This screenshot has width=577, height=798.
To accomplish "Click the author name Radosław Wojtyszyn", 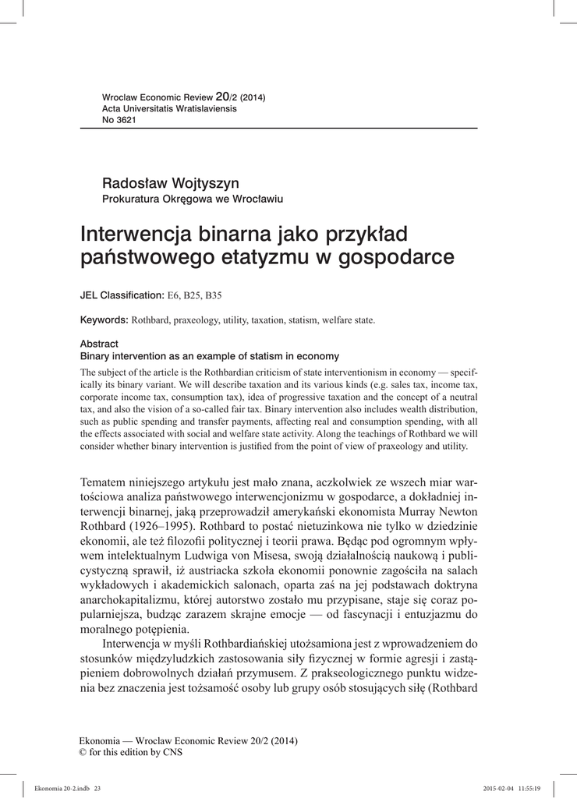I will coord(160,183).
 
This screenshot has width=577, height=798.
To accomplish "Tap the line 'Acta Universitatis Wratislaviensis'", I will coord(169,108).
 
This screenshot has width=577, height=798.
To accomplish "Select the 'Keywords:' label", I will coord(104,320).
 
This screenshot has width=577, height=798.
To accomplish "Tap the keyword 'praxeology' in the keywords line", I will coord(194,320).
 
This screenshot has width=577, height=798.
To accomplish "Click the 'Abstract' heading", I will coord(99,344).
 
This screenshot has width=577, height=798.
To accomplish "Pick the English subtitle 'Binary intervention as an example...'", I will coord(209,356).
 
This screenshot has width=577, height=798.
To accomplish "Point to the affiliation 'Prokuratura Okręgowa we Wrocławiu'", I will coord(193,199).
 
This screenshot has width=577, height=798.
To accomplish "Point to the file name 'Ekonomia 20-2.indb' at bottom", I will coord(57,788).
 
